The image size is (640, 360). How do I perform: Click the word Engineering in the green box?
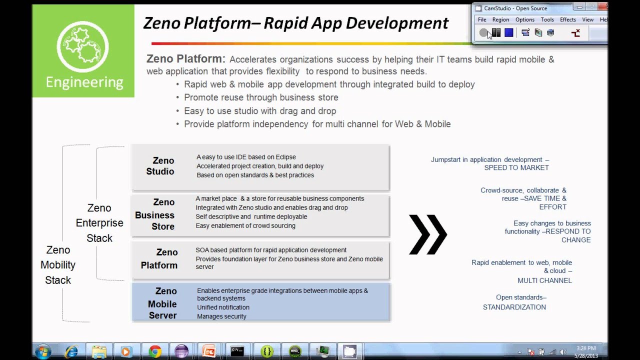(x=84, y=82)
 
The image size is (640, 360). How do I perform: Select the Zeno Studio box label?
(x=160, y=166)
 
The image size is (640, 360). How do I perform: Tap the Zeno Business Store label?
(x=154, y=214)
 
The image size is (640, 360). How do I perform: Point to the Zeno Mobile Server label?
(x=162, y=303)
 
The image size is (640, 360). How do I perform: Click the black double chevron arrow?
(x=427, y=234)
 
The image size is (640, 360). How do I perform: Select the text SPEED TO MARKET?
(x=516, y=168)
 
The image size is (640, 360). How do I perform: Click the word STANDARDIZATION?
(x=514, y=307)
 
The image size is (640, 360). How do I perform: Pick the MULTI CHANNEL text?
(x=544, y=280)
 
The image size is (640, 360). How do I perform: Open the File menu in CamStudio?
(x=482, y=19)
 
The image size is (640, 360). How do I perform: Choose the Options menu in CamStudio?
(x=524, y=19)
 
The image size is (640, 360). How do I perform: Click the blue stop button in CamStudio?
(x=509, y=33)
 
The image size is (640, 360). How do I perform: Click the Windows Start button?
(x=43, y=351)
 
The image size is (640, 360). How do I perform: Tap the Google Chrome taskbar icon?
(x=154, y=351)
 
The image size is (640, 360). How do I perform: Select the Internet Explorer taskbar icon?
(x=71, y=351)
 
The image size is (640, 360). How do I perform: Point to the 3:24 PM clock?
(x=586, y=348)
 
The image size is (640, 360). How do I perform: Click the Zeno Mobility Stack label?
(x=58, y=265)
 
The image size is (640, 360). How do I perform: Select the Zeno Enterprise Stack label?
(x=99, y=223)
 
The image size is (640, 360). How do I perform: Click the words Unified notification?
(x=223, y=307)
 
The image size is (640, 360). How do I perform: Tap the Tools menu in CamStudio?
(x=547, y=19)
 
